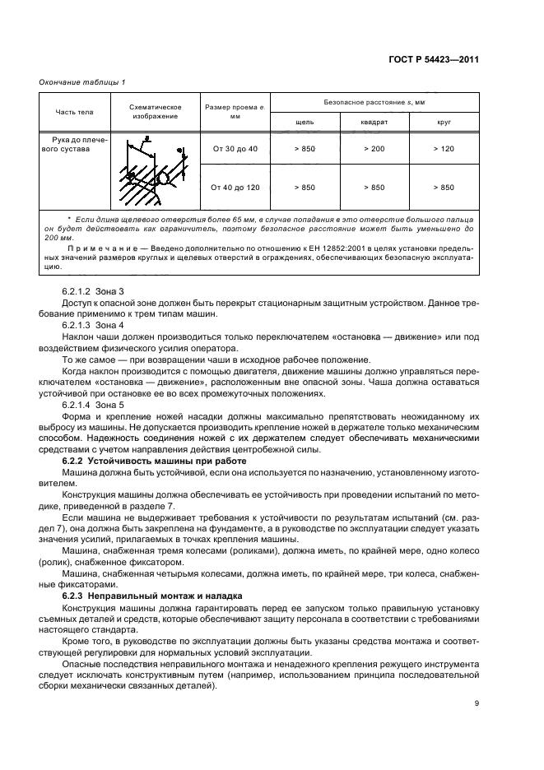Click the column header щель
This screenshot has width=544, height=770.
click(305, 122)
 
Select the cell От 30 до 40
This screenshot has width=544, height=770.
click(235, 148)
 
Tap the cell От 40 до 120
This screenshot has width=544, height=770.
click(235, 188)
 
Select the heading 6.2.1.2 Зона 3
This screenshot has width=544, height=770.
click(92, 291)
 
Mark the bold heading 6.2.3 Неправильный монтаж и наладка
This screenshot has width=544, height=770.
click(140, 594)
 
